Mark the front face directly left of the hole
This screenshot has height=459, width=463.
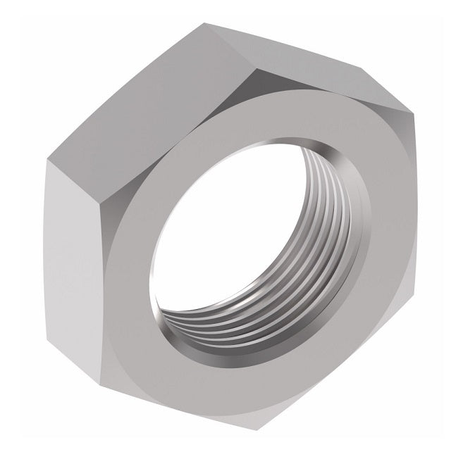130,282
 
